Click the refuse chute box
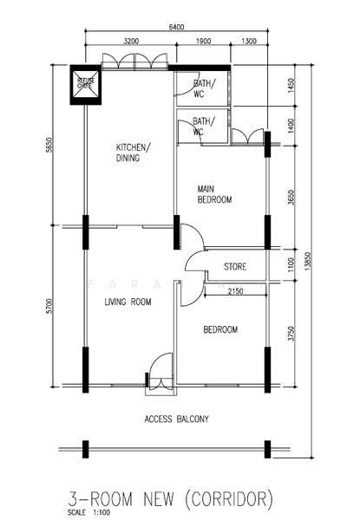86,83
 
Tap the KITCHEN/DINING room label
133,153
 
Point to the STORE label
236,265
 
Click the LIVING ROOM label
128,302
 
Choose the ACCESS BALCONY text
176,419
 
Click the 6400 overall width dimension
176,28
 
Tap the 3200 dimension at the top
132,41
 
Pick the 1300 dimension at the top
249,41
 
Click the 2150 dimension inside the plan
235,291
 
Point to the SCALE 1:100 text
89,512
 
